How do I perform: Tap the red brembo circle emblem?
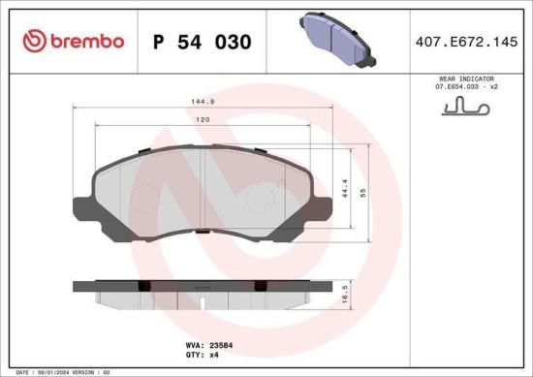coord(34,41)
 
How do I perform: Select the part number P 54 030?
coord(203,42)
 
